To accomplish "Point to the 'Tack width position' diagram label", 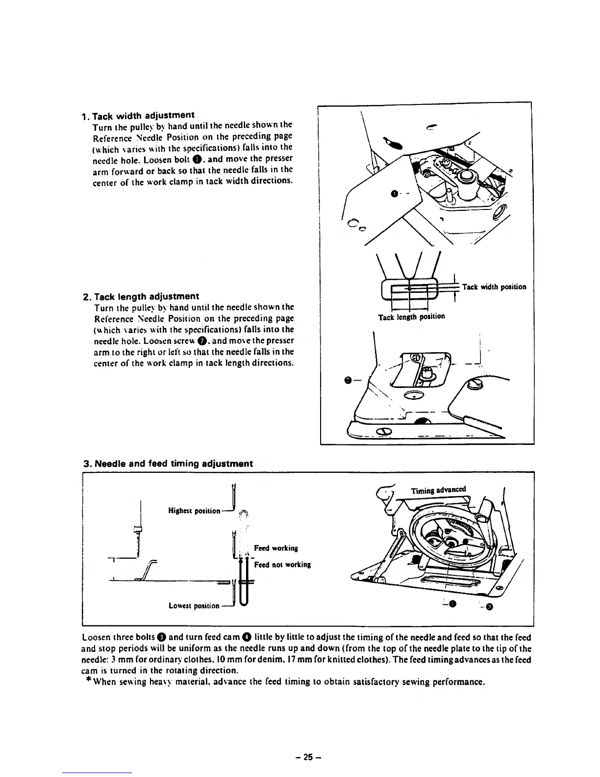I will tap(494, 286).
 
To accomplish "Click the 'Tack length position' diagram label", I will tap(411, 316).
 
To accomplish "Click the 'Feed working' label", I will tap(276, 548).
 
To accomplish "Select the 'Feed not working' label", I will tap(282, 565).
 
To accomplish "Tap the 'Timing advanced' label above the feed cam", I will tap(439, 490).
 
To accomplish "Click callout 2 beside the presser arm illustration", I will tap(348, 380).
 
